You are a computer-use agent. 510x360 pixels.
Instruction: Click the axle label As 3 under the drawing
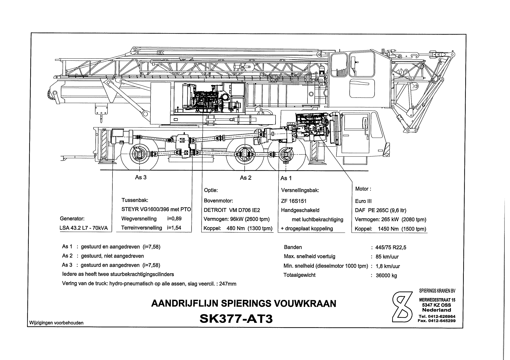click(141, 177)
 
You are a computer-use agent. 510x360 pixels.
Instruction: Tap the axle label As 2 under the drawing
click(246, 178)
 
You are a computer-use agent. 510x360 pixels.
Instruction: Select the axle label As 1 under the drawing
click(286, 178)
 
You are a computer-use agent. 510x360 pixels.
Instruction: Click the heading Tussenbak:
click(135, 200)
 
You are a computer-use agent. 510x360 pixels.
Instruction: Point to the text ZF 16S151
click(294, 201)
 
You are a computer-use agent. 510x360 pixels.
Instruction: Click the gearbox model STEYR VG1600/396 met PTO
click(156, 210)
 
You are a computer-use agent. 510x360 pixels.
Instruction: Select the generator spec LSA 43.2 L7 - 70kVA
click(84, 228)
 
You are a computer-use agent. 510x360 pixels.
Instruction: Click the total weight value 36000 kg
click(386, 276)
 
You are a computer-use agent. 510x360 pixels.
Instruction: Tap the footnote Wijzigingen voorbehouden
click(56, 323)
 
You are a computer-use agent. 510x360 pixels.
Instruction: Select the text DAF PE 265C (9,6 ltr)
click(380, 210)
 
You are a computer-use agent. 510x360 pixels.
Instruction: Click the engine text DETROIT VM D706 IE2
click(232, 210)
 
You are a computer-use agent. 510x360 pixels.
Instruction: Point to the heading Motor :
click(363, 189)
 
